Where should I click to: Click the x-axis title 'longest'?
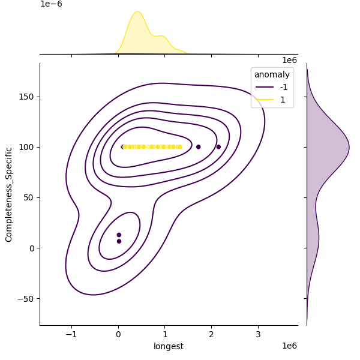169,346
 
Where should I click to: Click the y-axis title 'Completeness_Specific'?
8,194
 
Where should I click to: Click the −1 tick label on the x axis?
71,334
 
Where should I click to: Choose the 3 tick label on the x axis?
258,334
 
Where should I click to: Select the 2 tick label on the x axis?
212,334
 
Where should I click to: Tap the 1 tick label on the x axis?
165,334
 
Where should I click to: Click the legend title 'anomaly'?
272,75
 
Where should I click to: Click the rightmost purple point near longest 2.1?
218,146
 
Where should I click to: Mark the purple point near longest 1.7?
198,146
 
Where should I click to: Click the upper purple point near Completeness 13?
119,235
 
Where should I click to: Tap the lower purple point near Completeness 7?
119,241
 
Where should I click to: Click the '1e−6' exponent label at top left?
51,4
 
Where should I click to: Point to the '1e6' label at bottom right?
289,346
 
